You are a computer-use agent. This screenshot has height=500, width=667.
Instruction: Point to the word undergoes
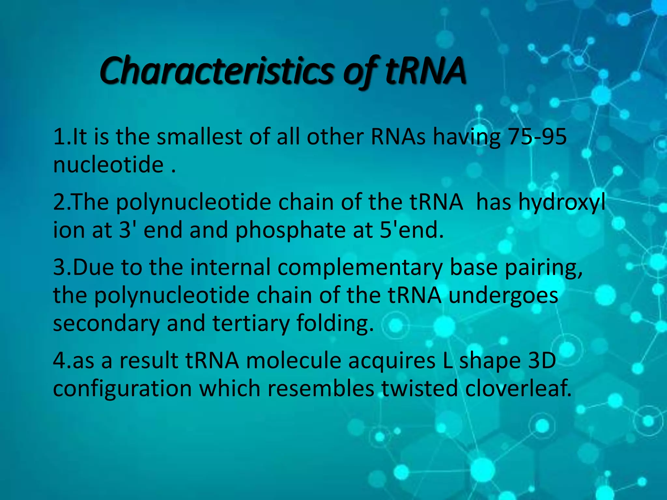pyautogui.click(x=503, y=296)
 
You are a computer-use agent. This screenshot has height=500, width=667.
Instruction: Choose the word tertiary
pyautogui.click(x=251, y=324)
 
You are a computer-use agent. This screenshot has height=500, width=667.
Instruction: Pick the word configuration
pyautogui.click(x=122, y=389)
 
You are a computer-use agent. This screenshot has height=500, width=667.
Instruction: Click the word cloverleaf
pyautogui.click(x=518, y=389)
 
